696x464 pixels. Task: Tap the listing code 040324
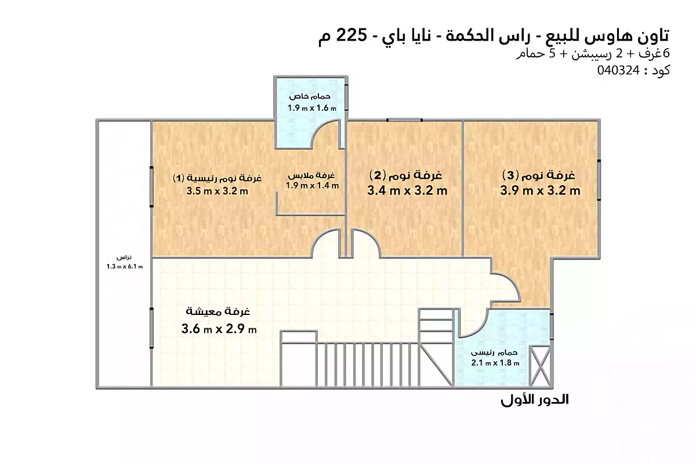point(618,71)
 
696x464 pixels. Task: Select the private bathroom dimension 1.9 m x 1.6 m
point(311,108)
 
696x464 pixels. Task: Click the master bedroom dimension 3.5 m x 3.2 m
point(217,191)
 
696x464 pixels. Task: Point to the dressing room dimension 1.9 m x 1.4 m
point(312,186)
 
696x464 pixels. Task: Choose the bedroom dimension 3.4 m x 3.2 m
point(407,190)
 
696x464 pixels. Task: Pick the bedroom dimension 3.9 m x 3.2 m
point(540,190)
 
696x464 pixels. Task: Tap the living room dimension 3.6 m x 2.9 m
point(219,328)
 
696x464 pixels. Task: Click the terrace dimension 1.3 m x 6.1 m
point(124,266)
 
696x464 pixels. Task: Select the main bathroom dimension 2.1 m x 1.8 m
point(495,362)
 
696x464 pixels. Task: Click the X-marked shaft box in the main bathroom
point(540,367)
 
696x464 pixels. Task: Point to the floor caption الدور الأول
point(534,400)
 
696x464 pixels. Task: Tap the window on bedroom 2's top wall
point(404,120)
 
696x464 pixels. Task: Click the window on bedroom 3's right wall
point(599,180)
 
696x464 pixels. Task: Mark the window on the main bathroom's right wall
point(552,327)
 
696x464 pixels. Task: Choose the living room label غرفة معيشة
point(218,311)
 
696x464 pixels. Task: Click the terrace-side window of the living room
point(151,328)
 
